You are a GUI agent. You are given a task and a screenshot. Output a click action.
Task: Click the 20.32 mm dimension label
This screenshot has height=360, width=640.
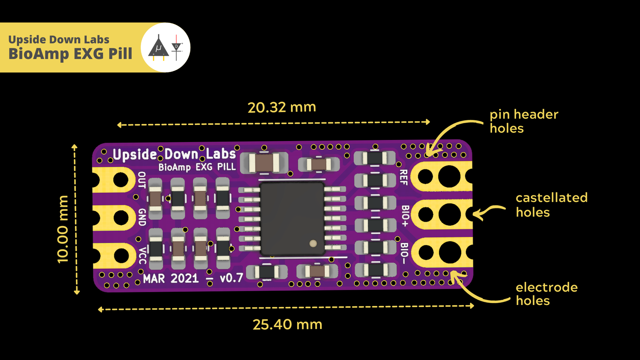pyautogui.click(x=282, y=107)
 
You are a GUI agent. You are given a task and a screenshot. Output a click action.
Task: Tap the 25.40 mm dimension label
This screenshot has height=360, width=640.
pyautogui.click(x=287, y=324)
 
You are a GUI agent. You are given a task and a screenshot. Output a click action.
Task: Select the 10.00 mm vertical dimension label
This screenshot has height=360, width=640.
pyautogui.click(x=63, y=229)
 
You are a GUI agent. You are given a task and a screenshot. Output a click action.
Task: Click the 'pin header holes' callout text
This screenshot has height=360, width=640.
pyautogui.click(x=524, y=121)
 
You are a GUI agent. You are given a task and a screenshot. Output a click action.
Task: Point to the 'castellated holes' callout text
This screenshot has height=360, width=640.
pyautogui.click(x=551, y=205)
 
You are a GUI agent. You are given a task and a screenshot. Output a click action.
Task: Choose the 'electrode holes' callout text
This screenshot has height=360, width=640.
pyautogui.click(x=546, y=294)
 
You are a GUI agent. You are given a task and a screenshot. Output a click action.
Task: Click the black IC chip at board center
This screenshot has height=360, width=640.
pyautogui.click(x=292, y=219)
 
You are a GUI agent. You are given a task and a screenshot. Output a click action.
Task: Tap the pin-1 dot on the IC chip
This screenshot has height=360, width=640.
pyautogui.click(x=313, y=243)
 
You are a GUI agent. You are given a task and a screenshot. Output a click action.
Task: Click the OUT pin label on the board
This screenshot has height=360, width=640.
pyautogui.click(x=142, y=180)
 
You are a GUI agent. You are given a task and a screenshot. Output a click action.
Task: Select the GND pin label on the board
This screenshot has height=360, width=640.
pyautogui.click(x=142, y=217)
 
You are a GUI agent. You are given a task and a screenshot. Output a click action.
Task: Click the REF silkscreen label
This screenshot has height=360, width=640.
pyautogui.click(x=404, y=178)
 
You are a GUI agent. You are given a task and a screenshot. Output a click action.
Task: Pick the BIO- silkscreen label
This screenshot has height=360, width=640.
pyautogui.click(x=404, y=253)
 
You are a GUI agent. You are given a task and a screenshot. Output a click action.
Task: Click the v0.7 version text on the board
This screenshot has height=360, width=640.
pyautogui.click(x=232, y=278)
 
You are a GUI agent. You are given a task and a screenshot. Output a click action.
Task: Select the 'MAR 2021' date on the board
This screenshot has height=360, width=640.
pyautogui.click(x=171, y=279)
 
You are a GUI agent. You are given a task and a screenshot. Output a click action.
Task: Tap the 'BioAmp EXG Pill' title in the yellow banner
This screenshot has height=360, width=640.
pyautogui.click(x=70, y=54)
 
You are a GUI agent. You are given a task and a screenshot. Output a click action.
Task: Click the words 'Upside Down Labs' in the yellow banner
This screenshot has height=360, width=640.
pyautogui.click(x=58, y=39)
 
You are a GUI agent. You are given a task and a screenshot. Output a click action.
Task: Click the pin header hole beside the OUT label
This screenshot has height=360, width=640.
pyautogui.click(x=120, y=180)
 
